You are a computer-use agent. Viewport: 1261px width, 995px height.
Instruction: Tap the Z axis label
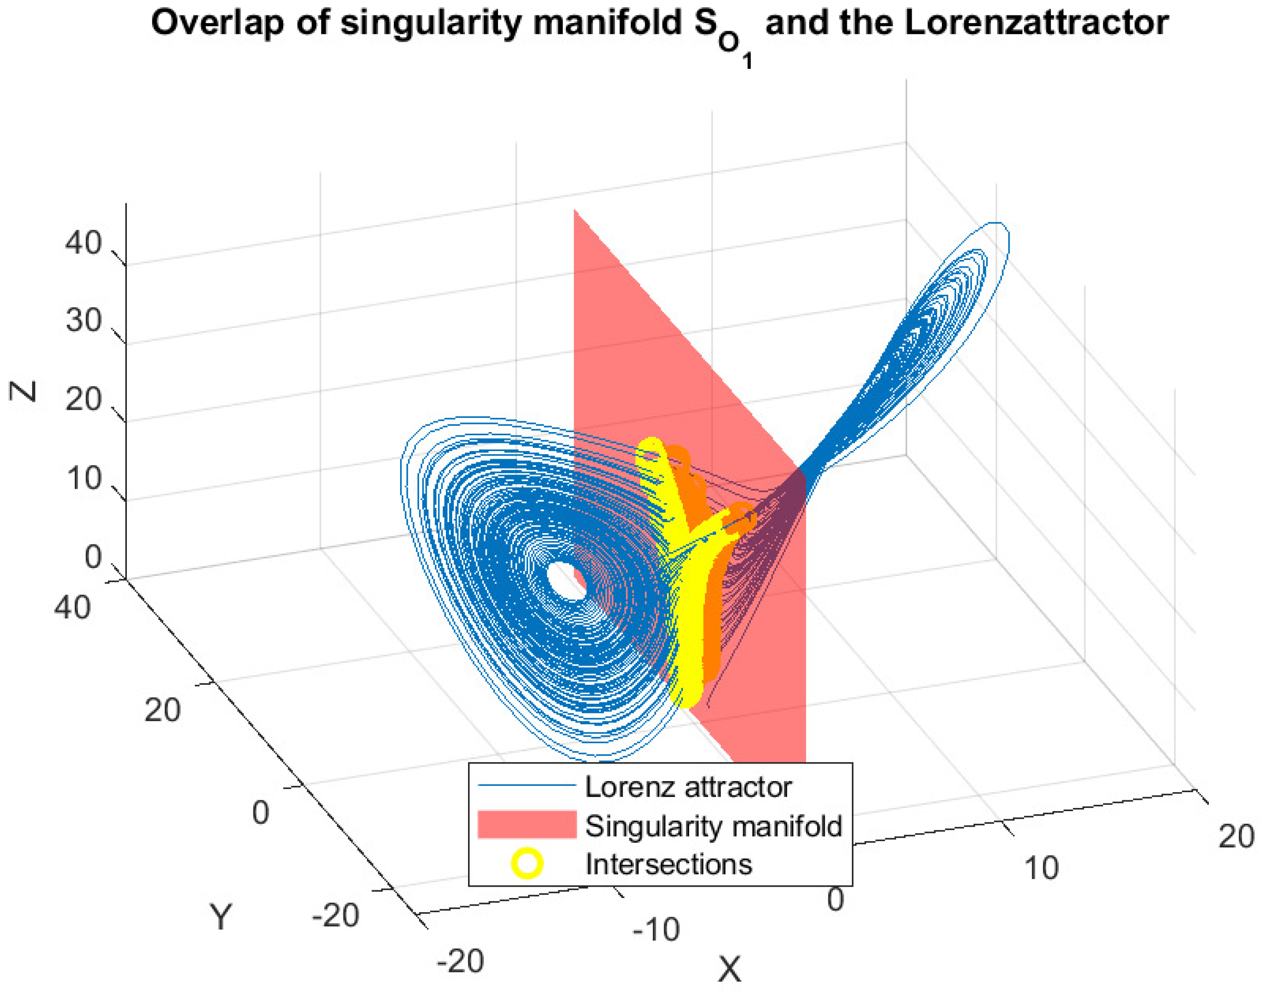[24, 391]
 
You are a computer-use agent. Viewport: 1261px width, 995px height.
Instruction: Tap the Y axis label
[221, 917]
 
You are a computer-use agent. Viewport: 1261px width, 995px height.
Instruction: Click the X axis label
[729, 969]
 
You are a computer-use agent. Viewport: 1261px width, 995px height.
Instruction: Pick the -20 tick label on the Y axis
[335, 916]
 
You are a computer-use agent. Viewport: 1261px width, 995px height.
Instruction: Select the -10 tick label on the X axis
[656, 930]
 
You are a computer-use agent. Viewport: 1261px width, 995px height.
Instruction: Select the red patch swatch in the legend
[527, 824]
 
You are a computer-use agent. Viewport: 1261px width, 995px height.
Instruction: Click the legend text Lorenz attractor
[688, 787]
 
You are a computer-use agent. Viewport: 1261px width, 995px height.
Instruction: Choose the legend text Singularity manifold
[713, 826]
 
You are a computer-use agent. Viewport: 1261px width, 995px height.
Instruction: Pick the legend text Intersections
[668, 864]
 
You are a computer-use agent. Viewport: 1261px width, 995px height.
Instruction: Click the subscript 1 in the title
[747, 61]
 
